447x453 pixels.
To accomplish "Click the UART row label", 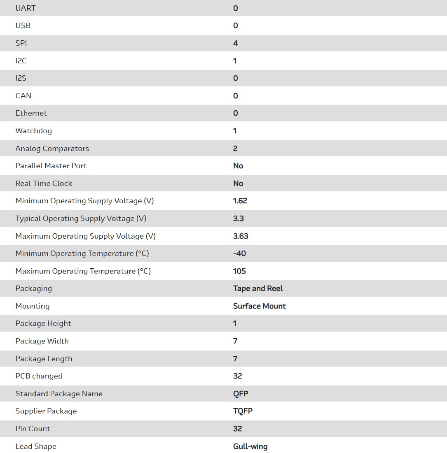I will point(26,8).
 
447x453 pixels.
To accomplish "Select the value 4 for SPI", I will point(235,43).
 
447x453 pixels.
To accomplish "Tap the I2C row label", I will point(21,61).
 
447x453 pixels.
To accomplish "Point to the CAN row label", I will point(23,96).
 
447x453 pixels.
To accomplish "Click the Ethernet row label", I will point(31,113).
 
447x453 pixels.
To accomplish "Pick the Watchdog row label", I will point(34,131).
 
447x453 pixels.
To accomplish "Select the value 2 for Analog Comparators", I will point(235,149).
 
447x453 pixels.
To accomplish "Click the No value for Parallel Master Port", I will point(238,166).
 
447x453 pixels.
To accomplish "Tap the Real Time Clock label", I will point(44,184).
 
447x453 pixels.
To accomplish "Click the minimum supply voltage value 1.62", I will point(240,201).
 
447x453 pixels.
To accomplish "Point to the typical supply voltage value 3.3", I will point(239,218).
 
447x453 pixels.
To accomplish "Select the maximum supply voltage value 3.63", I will point(241,236).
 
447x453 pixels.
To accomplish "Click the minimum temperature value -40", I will point(239,253).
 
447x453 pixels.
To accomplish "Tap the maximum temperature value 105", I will point(239,271).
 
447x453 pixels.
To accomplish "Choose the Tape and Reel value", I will point(258,288).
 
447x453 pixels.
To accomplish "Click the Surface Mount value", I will point(260,306).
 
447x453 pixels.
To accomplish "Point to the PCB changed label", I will point(39,376).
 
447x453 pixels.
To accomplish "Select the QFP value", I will point(241,394).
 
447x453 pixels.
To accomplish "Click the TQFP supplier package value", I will point(243,411).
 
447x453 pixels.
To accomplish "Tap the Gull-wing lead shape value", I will point(250,446).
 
